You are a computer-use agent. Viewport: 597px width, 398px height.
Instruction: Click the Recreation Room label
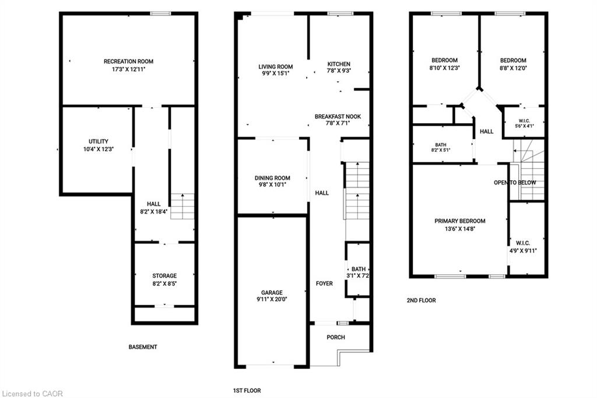128,61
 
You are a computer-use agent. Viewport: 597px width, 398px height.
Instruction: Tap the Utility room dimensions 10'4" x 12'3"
99,149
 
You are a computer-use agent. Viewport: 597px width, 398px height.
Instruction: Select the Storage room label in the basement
164,275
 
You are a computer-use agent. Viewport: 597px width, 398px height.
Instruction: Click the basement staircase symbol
182,206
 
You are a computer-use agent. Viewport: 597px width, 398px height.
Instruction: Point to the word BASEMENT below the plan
143,347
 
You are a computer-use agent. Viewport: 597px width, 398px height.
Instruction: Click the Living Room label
276,67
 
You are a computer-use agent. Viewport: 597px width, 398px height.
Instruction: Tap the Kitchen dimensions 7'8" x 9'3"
339,71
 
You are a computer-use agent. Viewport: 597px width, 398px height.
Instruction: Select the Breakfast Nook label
338,117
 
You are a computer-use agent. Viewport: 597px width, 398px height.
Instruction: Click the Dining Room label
272,178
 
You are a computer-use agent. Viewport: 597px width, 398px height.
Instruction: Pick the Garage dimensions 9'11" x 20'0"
272,299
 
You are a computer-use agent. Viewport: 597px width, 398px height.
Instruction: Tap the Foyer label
324,284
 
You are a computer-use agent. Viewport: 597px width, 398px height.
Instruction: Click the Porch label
336,337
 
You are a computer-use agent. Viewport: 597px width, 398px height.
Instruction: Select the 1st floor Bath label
359,269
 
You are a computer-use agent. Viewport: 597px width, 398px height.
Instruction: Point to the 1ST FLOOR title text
247,390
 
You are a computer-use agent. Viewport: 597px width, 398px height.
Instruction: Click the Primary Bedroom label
460,221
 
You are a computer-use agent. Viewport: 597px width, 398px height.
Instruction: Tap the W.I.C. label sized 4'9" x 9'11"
523,243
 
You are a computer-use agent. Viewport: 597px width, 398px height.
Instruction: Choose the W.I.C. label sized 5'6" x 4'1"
524,121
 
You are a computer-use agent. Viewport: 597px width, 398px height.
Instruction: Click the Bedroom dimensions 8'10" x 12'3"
445,68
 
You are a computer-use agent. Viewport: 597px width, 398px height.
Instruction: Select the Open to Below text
515,183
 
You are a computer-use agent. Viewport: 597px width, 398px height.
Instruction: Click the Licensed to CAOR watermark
33,394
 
